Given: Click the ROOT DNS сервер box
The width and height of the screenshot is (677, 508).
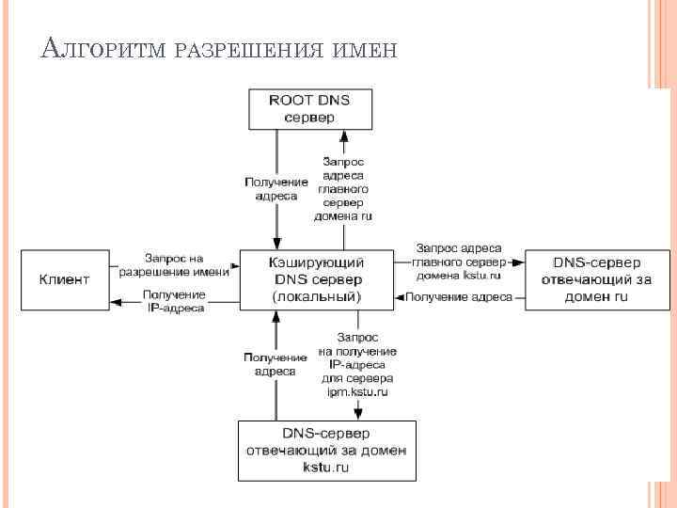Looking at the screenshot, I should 310,108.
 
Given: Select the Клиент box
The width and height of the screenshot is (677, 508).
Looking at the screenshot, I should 65,279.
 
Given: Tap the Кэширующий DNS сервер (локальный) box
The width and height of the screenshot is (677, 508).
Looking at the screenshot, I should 317,279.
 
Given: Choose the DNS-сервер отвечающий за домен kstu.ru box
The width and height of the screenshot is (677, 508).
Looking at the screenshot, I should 325,450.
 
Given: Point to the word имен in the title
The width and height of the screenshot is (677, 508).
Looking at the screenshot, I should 366,48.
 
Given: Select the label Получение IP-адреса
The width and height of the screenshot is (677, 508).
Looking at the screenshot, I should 175,301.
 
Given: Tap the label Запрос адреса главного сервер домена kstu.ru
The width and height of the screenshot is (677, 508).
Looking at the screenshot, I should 458,262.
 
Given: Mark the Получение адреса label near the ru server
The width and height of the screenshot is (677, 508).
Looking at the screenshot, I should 459,297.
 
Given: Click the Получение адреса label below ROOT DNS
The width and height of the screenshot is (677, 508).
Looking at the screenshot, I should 276,188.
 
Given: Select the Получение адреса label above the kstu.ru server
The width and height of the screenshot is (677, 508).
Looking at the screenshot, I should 276,364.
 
